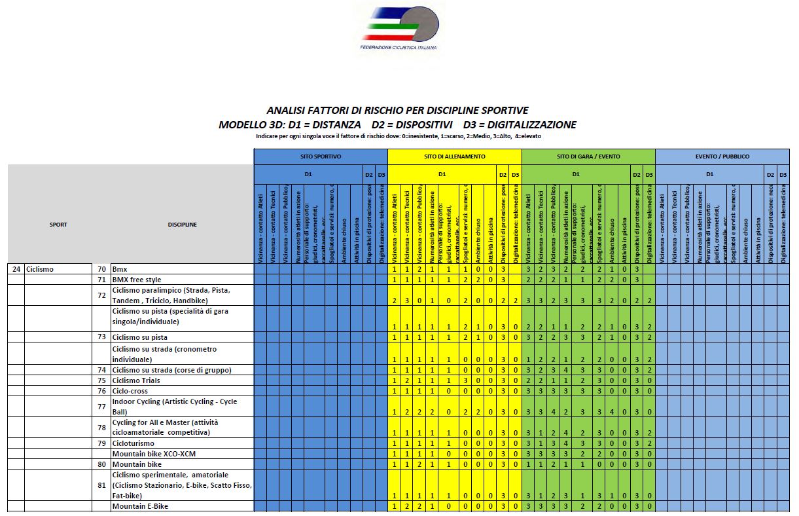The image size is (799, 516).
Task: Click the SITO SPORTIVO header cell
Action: tap(321, 157)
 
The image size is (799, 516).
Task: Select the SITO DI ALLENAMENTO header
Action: tap(454, 157)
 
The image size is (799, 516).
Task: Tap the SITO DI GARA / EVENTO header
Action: tap(588, 157)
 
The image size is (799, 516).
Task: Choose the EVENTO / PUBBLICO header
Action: tap(722, 157)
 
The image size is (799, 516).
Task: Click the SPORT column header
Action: tap(58, 225)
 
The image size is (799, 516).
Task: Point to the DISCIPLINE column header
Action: tap(182, 225)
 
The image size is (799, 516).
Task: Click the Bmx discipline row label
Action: tap(119, 269)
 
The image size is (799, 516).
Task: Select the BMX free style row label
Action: tap(136, 280)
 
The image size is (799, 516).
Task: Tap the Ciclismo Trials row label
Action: tap(135, 380)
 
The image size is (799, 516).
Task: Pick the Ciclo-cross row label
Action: tap(130, 391)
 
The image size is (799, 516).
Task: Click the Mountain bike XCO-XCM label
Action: tap(154, 454)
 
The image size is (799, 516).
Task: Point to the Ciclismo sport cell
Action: tap(40, 269)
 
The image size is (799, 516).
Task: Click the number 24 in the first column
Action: tap(16, 269)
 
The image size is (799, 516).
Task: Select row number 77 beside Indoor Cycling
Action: tap(101, 407)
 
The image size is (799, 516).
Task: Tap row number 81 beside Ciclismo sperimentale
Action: tap(101, 485)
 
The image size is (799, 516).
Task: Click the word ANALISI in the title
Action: tap(286, 111)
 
